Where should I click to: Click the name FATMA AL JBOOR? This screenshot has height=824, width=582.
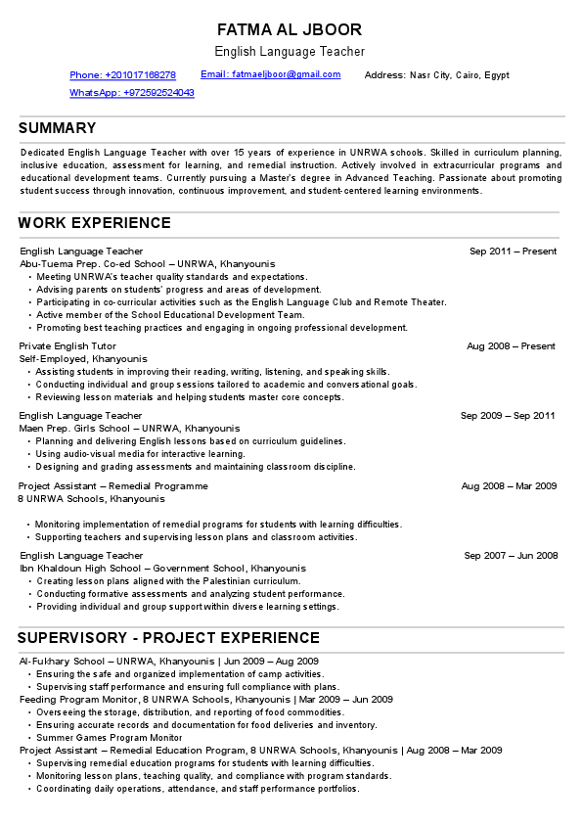(x=290, y=29)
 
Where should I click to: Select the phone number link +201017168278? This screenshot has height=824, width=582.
(x=122, y=75)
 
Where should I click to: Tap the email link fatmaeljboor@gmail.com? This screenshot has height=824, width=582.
(x=271, y=74)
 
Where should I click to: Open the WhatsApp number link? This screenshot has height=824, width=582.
(x=131, y=93)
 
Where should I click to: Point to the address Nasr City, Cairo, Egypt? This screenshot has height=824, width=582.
(x=437, y=75)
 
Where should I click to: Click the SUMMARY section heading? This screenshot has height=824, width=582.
(x=58, y=128)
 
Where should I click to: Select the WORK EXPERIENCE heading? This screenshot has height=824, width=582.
(x=95, y=223)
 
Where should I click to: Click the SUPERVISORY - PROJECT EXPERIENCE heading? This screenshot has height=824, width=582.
(x=169, y=638)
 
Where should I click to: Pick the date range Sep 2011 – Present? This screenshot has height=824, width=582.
(x=513, y=252)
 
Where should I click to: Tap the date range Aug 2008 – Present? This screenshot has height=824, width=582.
(x=511, y=346)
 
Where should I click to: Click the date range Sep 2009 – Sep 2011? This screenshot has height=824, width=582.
(x=508, y=416)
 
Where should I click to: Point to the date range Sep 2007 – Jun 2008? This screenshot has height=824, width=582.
(x=511, y=556)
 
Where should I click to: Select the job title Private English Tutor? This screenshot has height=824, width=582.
(x=67, y=346)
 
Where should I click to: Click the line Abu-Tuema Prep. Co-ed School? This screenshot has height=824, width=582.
(x=148, y=264)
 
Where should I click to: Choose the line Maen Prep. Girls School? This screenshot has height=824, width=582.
(x=126, y=429)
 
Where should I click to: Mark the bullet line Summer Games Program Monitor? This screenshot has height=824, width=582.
(x=109, y=738)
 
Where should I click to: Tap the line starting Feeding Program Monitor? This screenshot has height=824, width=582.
(x=206, y=700)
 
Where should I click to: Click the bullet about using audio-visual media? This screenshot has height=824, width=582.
(x=140, y=454)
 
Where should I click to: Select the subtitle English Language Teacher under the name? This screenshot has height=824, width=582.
(x=290, y=51)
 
